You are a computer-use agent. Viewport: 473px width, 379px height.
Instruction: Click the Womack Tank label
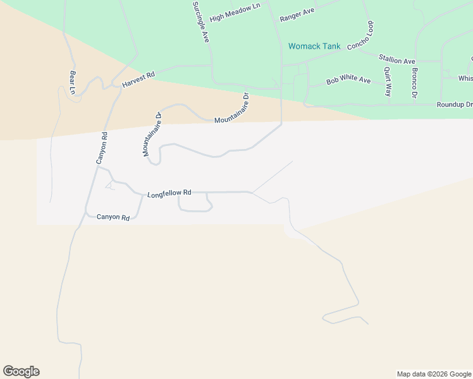tap(314, 46)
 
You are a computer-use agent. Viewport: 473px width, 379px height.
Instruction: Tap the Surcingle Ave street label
tap(200, 21)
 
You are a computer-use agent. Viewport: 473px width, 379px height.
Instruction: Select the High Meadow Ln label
tap(235, 13)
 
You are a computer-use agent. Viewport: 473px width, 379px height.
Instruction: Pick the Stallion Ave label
tap(396, 59)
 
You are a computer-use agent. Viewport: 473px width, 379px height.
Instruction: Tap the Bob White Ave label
tap(348, 80)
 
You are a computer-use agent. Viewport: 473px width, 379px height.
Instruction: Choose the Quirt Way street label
tap(388, 81)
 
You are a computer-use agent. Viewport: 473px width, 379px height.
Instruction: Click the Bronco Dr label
tap(415, 83)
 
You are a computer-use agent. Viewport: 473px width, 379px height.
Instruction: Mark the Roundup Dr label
tap(454, 105)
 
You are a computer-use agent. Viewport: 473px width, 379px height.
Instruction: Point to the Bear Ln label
tap(73, 83)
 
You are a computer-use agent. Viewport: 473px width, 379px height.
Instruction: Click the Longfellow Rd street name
tap(169, 195)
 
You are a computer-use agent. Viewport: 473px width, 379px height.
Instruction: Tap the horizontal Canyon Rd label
tap(113, 217)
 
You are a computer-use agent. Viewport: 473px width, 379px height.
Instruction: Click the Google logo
tap(21, 371)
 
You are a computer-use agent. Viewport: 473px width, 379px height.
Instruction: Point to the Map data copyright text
tap(434, 374)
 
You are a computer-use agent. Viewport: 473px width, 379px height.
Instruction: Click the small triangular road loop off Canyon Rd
tap(111, 185)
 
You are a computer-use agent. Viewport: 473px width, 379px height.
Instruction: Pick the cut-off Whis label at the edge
tap(465, 78)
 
